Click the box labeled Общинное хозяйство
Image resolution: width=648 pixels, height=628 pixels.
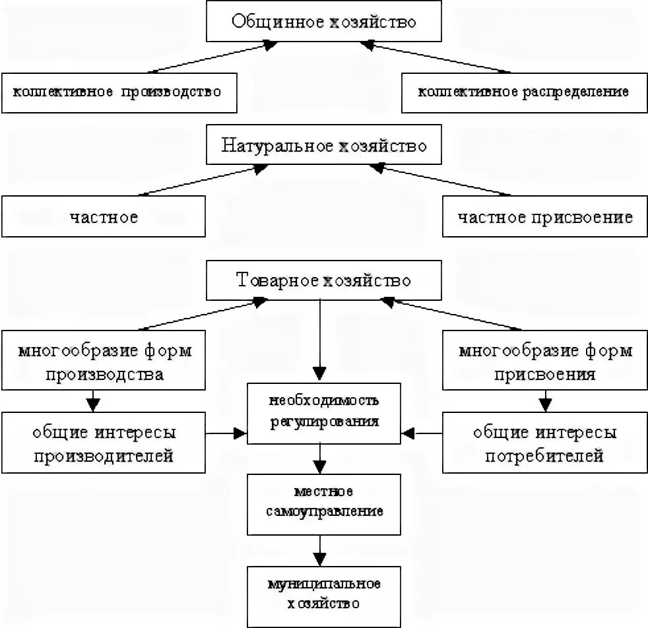pyautogui.click(x=323, y=21)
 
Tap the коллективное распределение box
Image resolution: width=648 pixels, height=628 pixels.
pyautogui.click(x=524, y=92)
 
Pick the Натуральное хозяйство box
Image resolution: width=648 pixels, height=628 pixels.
pyautogui.click(x=323, y=146)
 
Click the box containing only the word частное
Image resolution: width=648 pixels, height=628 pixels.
pyautogui.click(x=104, y=217)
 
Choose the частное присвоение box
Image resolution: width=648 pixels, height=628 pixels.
pyautogui.click(x=544, y=217)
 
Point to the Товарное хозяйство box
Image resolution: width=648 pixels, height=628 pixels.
pyautogui.click(x=323, y=281)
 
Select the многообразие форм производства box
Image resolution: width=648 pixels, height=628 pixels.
pyautogui.click(x=104, y=362)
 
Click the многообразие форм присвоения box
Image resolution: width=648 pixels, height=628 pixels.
pyautogui.click(x=544, y=362)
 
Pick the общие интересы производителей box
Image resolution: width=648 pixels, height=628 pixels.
pyautogui.click(x=104, y=444)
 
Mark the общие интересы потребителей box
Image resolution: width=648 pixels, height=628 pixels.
pyautogui.click(x=544, y=444)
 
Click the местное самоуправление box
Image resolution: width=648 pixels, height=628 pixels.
pyautogui.click(x=323, y=502)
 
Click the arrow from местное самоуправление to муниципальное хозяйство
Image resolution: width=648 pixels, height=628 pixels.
pyautogui.click(x=320, y=548)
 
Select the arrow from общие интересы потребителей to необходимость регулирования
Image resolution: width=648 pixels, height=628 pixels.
pyautogui.click(x=422, y=433)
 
